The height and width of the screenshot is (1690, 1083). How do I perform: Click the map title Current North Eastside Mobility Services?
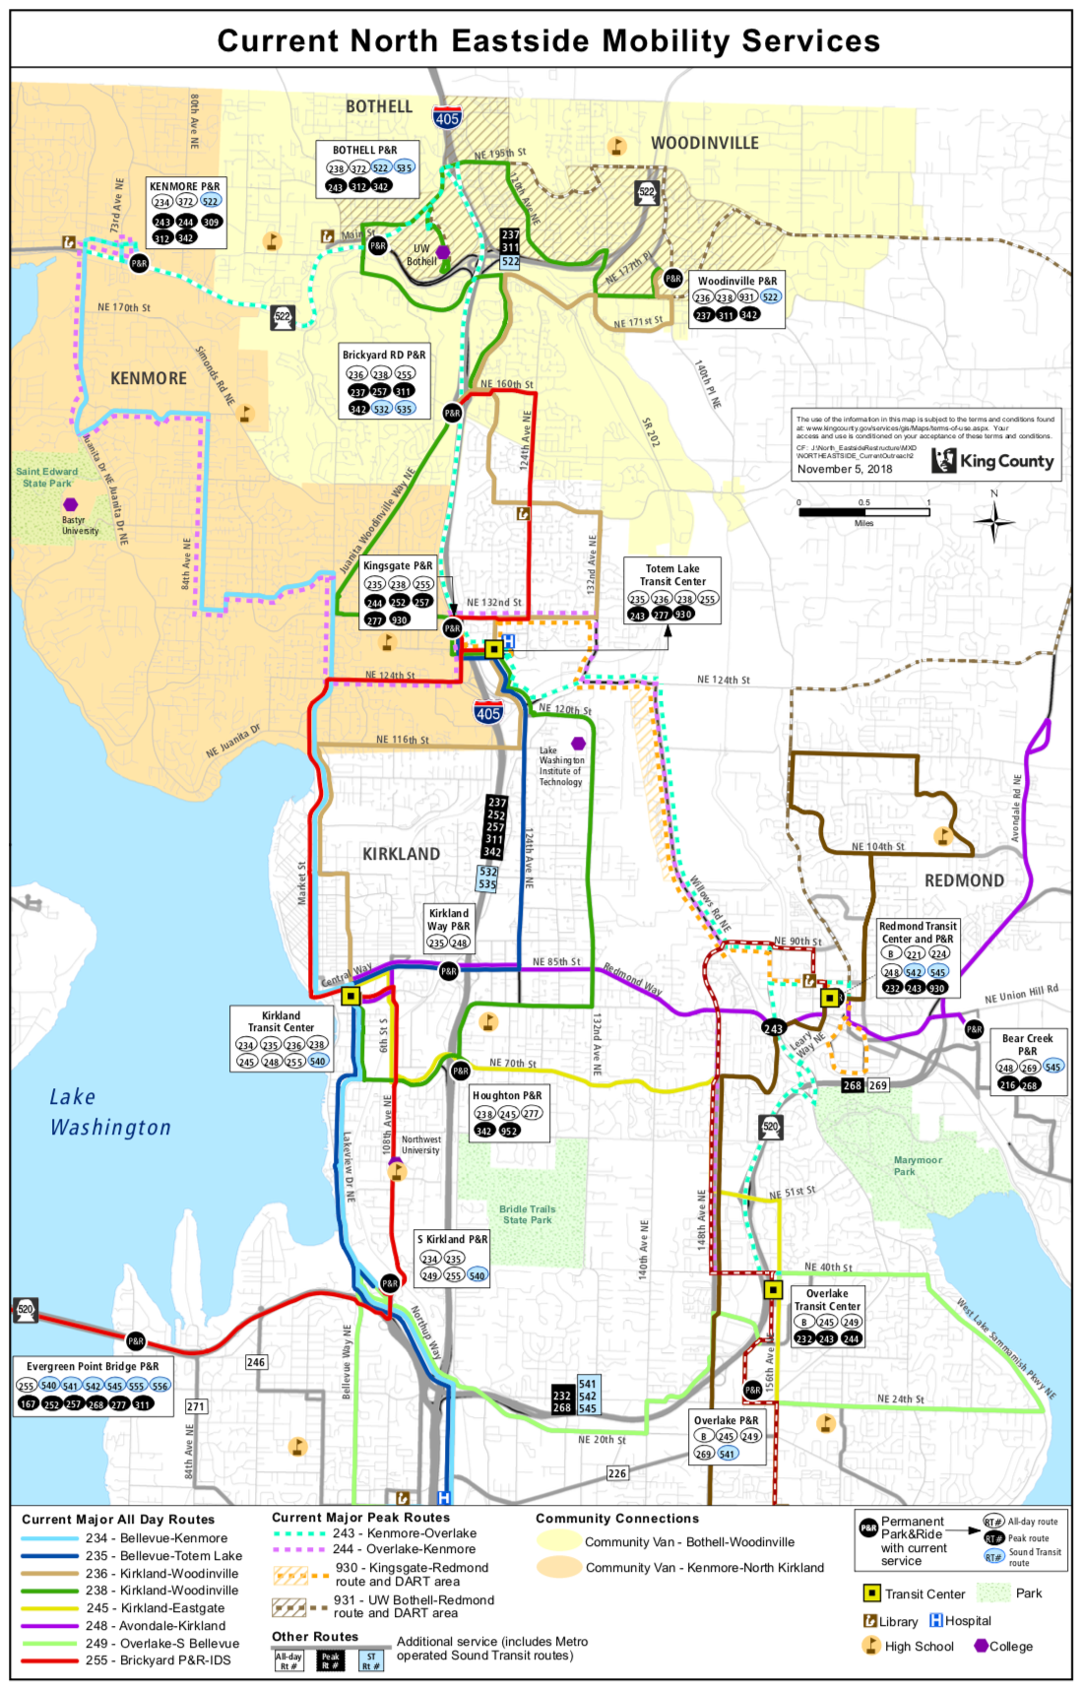pyautogui.click(x=548, y=40)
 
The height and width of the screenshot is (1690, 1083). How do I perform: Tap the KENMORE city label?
pyautogui.click(x=149, y=378)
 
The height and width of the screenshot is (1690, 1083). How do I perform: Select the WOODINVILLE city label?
pyautogui.click(x=705, y=143)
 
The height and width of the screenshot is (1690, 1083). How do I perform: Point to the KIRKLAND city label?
pyautogui.click(x=401, y=854)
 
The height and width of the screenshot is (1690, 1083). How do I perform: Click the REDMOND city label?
pyautogui.click(x=964, y=880)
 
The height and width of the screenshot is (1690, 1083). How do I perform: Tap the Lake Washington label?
pyautogui.click(x=109, y=1112)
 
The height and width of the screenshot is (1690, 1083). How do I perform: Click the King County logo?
pyautogui.click(x=993, y=460)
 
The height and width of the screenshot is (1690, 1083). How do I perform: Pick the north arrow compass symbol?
pyautogui.click(x=994, y=521)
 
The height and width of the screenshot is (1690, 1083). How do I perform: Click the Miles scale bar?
pyautogui.click(x=863, y=512)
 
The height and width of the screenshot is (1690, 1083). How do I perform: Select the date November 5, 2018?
pyautogui.click(x=845, y=469)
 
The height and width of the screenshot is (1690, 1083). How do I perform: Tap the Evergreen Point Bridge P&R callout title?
pyautogui.click(x=93, y=1366)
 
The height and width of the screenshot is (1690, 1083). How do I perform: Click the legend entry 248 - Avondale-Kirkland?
pyautogui.click(x=155, y=1625)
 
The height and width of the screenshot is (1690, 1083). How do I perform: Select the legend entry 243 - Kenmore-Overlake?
pyautogui.click(x=404, y=1532)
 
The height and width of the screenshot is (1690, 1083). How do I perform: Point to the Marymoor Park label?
pyautogui.click(x=918, y=1166)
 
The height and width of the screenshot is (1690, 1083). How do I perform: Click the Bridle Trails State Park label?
pyautogui.click(x=527, y=1214)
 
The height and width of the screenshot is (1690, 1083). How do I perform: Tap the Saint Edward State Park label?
pyautogui.click(x=46, y=478)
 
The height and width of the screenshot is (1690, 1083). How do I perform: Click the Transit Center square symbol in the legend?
pyautogui.click(x=871, y=1592)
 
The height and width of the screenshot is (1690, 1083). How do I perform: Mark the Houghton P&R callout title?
pyautogui.click(x=506, y=1095)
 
